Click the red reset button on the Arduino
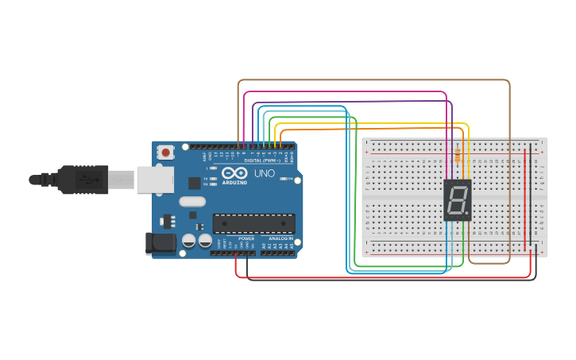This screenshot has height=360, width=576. coord(165,152)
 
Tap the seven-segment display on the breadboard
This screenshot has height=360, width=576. coord(458,199)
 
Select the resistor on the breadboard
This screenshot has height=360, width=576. coord(458,157)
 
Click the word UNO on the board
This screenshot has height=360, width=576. coord(265,173)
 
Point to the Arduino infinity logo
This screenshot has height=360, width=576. coord(234,172)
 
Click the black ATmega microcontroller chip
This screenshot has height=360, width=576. coord(253,223)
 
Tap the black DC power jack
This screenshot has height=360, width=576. coord(159,243)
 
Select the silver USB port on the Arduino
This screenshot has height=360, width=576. coord(154,180)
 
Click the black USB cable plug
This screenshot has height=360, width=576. coord(83,180)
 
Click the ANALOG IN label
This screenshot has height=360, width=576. coord(280,238)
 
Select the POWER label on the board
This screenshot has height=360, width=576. coord(246,238)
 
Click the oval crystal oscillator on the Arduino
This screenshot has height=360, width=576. coord(192,202)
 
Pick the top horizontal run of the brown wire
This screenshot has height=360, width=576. coord(373,80)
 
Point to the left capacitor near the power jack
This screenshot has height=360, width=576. coord(189,239)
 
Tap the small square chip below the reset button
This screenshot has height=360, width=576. coord(194,183)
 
